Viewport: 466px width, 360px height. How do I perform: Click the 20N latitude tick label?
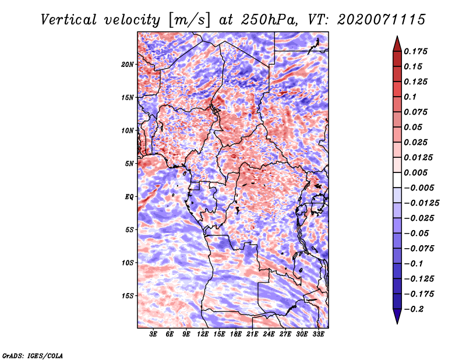point(128,65)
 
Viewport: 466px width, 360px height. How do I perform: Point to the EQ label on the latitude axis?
point(129,197)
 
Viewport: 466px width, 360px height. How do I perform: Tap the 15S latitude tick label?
point(128,296)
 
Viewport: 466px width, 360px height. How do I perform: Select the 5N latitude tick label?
point(129,164)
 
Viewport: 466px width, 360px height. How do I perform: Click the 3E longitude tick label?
point(153,334)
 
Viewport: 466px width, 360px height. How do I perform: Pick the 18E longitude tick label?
point(236,334)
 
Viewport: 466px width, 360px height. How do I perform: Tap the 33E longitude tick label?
point(318,334)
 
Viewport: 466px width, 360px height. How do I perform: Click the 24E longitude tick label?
point(269,334)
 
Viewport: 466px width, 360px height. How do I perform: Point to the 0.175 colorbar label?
point(415,51)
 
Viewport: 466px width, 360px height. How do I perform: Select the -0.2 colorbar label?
point(414,309)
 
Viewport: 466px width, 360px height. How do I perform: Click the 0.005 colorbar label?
point(415,172)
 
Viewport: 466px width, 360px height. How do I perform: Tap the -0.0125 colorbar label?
point(421,203)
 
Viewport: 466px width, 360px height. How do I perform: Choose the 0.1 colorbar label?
point(410,97)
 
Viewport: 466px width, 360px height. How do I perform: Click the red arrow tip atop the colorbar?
point(397,37)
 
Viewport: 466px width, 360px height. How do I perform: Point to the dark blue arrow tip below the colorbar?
point(397,323)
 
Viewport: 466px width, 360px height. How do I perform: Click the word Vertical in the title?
point(69,20)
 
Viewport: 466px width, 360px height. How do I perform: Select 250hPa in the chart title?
point(270,20)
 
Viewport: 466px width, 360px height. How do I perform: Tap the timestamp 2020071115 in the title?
point(382,20)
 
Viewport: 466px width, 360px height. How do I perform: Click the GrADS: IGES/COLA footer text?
point(33,356)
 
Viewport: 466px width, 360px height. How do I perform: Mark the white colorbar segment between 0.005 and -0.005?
point(397,180)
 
